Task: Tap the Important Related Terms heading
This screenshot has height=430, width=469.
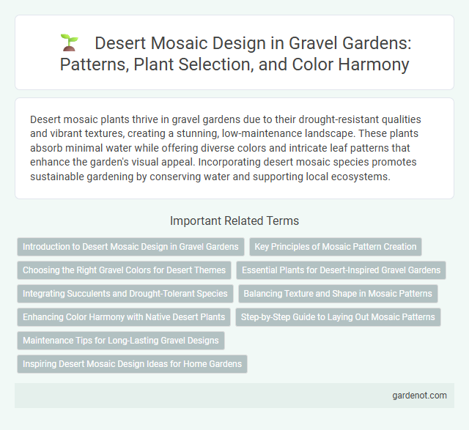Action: point(234,220)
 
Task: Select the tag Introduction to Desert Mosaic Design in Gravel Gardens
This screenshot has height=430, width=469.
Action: point(130,247)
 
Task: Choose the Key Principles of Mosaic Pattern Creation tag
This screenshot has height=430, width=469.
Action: point(336,247)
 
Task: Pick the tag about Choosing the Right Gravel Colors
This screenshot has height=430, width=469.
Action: point(124,270)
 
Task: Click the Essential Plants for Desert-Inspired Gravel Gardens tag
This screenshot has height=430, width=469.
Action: point(341,270)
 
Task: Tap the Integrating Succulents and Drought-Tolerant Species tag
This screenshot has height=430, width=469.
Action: point(125,294)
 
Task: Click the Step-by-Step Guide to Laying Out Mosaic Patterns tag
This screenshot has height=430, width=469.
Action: point(338,317)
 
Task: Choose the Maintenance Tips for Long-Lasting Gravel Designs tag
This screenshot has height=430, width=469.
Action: point(121,341)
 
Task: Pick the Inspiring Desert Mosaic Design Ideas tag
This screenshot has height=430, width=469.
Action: point(132,364)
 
